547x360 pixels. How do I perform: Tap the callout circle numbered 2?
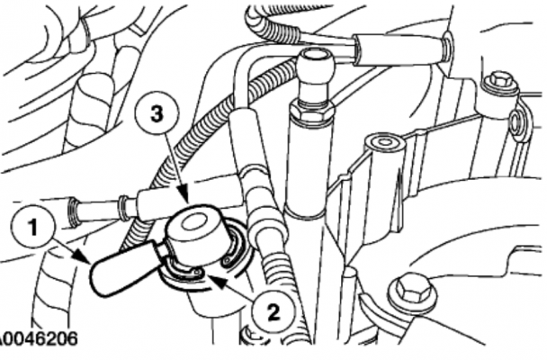[273, 311]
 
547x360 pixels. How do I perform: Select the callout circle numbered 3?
[157, 113]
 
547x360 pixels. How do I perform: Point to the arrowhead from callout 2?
[214, 281]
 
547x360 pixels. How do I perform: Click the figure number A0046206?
[38, 338]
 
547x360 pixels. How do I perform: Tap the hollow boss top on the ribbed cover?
[384, 142]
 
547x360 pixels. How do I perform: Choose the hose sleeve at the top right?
[400, 49]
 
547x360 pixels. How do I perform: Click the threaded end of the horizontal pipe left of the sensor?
[75, 211]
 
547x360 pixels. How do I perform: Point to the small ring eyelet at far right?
[516, 120]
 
